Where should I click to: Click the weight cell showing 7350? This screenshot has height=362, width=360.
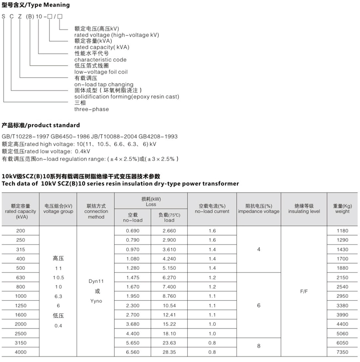pos(342,352)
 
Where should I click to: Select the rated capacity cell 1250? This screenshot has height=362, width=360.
pos(21,305)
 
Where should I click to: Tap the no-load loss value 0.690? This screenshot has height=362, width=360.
pos(132,230)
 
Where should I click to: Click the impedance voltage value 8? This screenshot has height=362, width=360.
pos(258,346)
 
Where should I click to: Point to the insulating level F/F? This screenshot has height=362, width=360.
pos(304,291)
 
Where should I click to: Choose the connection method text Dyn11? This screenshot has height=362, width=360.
pos(96,282)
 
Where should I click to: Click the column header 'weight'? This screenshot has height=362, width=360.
pos(342,212)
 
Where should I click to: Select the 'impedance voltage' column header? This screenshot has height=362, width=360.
pos(258,212)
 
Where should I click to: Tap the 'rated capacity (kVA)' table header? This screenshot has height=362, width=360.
pos(21,212)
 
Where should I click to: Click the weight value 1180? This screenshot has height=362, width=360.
pos(342,230)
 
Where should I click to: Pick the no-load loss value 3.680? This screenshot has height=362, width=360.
pos(132,324)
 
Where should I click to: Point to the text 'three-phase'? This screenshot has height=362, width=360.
pos(91,109)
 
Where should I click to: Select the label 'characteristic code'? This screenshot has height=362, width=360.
pos(100,60)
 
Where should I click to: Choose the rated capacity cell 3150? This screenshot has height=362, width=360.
pos(21,342)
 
